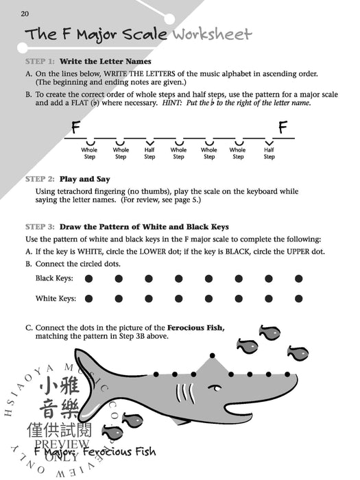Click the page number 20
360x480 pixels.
25,13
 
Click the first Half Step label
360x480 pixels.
149,153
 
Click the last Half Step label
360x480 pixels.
269,153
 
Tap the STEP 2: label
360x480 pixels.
39,179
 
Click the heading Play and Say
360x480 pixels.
84,179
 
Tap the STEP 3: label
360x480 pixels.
39,226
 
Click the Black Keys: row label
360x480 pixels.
56,278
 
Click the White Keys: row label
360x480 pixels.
56,298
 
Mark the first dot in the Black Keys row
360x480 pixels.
88,278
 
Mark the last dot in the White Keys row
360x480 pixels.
298,298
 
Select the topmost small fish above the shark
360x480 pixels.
269,332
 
